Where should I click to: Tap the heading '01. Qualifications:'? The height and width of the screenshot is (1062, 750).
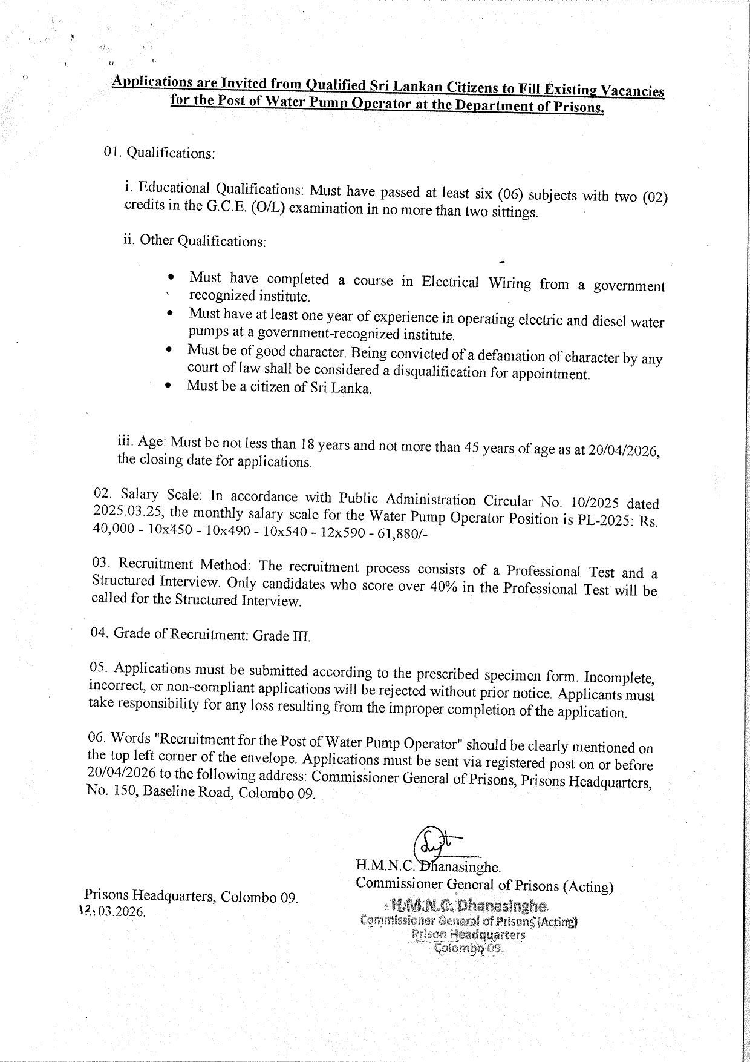click(x=159, y=153)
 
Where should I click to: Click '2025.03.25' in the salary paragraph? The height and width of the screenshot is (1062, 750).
click(x=128, y=512)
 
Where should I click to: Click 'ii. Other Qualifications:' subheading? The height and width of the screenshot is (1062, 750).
click(x=194, y=240)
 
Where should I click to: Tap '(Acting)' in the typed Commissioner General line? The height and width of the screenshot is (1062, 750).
click(x=588, y=888)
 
